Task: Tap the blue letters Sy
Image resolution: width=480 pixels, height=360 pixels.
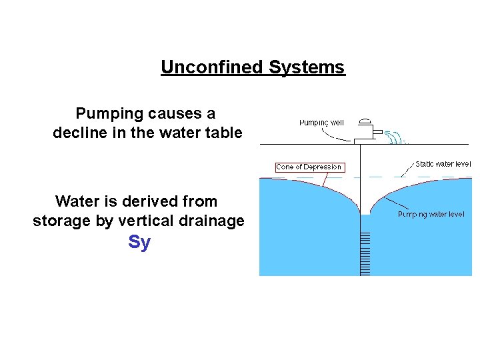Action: tap(139, 242)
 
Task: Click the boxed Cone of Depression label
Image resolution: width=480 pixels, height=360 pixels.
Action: tap(309, 167)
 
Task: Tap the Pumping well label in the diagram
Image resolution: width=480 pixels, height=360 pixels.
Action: tap(321, 122)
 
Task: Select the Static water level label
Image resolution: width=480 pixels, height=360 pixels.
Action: tap(443, 163)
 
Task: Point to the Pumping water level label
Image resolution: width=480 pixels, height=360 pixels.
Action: tap(431, 214)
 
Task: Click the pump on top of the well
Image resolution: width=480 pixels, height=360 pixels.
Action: tap(365, 133)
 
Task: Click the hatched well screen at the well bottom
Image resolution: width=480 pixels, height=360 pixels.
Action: tap(365, 253)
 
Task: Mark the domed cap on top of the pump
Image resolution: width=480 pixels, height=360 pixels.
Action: tap(365, 121)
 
